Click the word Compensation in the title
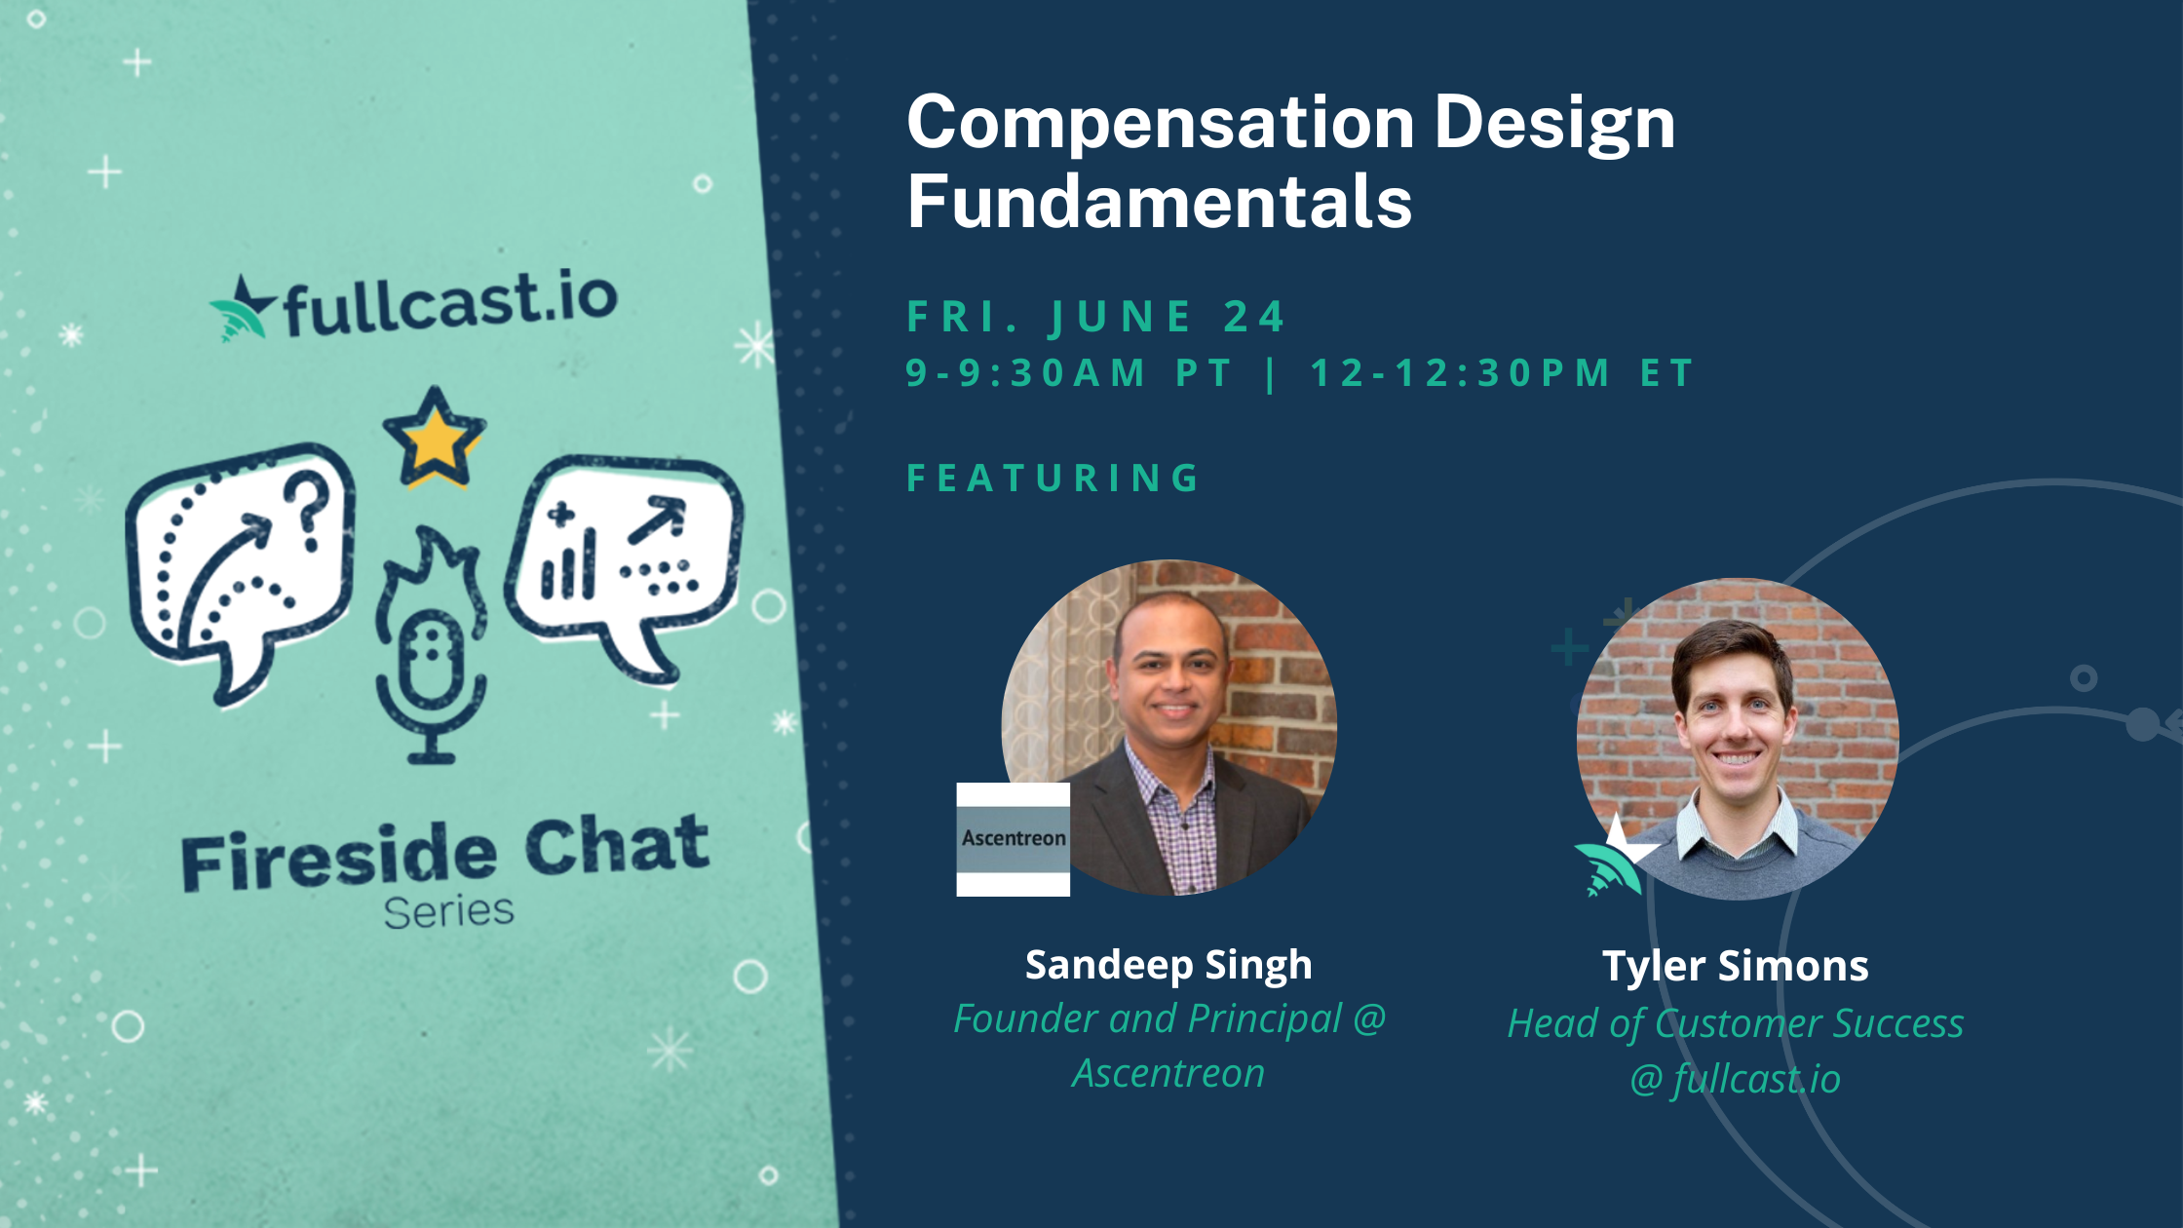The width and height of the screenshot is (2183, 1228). pyautogui.click(x=1160, y=125)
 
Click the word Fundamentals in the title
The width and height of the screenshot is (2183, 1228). pyautogui.click(x=1160, y=203)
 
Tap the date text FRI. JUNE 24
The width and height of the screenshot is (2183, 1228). pyautogui.click(x=1096, y=317)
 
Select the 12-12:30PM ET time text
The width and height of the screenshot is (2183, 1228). pyautogui.click(x=1501, y=373)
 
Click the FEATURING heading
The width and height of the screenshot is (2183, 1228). pyautogui.click(x=1054, y=478)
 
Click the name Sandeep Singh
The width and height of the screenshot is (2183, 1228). pyautogui.click(x=1168, y=965)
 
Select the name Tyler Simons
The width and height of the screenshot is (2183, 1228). pyautogui.click(x=1736, y=966)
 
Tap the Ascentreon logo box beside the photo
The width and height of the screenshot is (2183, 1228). pyautogui.click(x=1013, y=838)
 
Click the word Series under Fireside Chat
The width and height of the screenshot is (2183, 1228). pyautogui.click(x=448, y=912)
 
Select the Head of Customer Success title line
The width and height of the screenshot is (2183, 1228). pyautogui.click(x=1736, y=1023)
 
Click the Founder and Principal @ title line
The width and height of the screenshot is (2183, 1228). pyautogui.click(x=1168, y=1018)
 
